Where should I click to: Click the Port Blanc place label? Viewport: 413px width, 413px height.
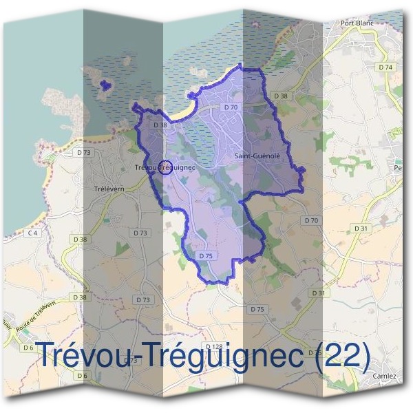point(357,23)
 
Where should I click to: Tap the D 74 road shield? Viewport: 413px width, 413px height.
point(386,67)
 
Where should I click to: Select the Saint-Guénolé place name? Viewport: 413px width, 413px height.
point(257,156)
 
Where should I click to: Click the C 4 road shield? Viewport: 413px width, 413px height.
point(31,233)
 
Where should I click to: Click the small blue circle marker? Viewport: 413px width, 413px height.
point(165,167)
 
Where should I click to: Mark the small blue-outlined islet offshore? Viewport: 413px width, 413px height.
point(105,85)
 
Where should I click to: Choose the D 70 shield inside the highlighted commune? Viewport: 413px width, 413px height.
point(231,107)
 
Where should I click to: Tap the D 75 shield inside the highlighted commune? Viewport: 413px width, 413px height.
point(206,255)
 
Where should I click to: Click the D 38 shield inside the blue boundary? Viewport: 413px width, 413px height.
point(160,125)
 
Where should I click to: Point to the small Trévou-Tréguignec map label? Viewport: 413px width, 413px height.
point(165,167)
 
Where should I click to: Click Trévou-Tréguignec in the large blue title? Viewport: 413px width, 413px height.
point(172,354)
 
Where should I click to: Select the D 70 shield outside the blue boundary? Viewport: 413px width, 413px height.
point(311,220)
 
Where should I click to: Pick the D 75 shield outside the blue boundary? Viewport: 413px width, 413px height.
point(256,309)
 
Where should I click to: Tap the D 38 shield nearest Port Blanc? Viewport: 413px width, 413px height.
point(280,96)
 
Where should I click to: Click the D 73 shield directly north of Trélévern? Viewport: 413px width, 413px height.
point(84,151)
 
